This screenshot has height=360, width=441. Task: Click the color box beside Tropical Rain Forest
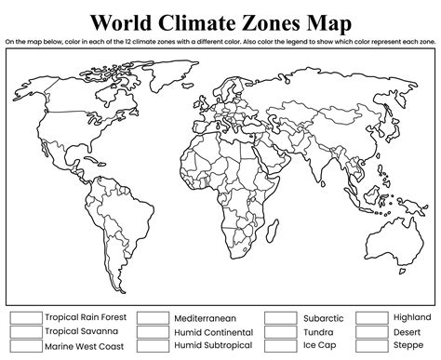(x=25, y=317)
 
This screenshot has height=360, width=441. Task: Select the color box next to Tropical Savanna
(x=25, y=331)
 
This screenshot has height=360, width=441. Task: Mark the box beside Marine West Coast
(x=25, y=345)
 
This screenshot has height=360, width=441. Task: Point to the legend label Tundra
(x=317, y=331)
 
